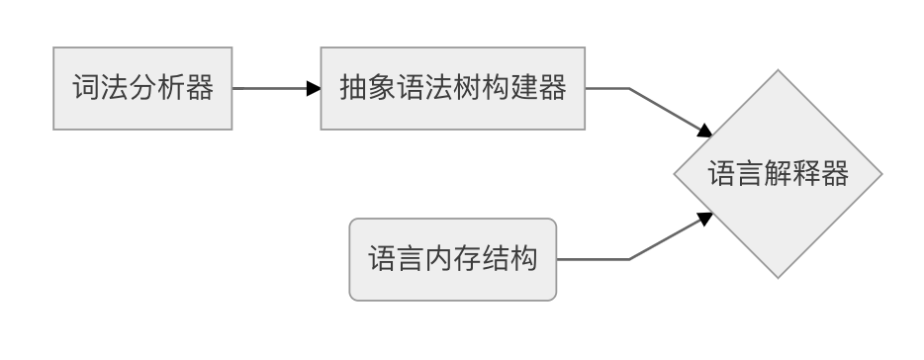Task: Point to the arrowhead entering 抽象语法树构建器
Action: pos(314,88)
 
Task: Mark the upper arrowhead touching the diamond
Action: pos(705,131)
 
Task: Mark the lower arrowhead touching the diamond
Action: pos(705,218)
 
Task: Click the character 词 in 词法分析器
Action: pos(85,88)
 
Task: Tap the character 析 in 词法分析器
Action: pos(172,88)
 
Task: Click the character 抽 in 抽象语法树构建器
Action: pos(352,88)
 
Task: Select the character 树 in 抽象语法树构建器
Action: pos(467,88)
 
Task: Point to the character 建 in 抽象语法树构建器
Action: pos(524,88)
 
